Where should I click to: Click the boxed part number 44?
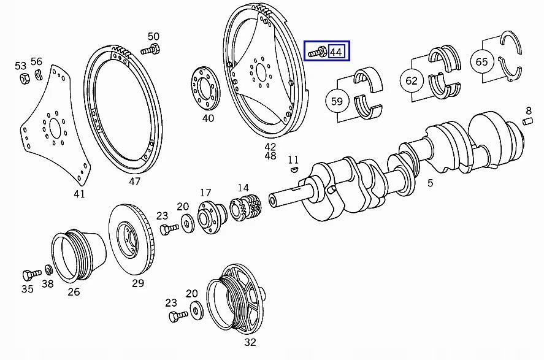(x=336, y=52)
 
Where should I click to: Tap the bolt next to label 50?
(x=150, y=50)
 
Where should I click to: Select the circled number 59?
(x=337, y=101)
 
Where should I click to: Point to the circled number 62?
(x=411, y=81)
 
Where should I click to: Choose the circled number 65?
(x=481, y=62)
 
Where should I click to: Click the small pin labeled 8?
(x=527, y=121)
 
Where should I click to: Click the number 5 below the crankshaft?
(x=430, y=182)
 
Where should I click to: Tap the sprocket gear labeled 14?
(x=247, y=207)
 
